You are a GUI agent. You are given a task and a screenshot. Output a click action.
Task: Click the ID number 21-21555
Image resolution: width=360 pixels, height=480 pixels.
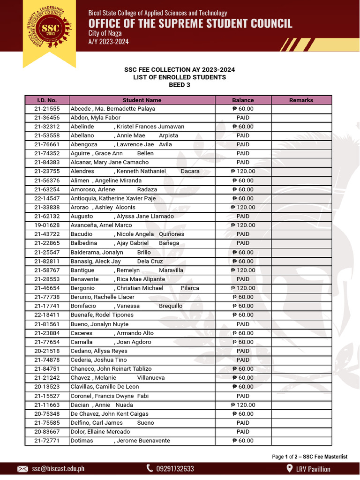(x=47, y=109)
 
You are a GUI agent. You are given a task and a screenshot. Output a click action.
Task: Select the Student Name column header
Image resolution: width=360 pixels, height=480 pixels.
(x=142, y=100)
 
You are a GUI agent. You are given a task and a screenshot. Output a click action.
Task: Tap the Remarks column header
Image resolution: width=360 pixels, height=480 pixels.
(x=301, y=100)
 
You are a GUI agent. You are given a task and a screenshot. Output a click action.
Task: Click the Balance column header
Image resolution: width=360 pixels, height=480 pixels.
(x=243, y=100)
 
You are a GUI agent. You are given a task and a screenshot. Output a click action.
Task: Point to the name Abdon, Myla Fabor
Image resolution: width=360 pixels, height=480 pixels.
(x=95, y=118)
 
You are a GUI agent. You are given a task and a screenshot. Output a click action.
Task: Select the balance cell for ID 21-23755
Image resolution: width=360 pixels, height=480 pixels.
(x=243, y=172)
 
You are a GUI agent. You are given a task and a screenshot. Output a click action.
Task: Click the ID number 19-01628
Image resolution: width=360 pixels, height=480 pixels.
(x=47, y=225)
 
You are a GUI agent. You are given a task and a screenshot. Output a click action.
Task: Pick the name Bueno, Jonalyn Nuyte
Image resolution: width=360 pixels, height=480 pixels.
(x=99, y=324)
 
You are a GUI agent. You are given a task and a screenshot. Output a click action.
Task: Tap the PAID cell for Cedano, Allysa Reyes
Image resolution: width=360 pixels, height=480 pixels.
(x=243, y=351)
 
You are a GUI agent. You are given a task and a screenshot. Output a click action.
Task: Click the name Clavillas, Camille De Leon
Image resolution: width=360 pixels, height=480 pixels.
(x=105, y=387)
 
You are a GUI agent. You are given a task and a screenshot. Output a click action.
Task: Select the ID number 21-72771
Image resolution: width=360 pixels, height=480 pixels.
(x=47, y=441)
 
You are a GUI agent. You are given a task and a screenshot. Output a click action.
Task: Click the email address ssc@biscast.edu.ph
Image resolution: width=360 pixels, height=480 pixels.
(x=58, y=469)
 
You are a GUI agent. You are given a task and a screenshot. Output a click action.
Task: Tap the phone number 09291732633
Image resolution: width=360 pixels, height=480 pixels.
(x=175, y=469)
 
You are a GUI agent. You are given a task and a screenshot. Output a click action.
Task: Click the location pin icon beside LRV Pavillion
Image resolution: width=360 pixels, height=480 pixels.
(x=289, y=469)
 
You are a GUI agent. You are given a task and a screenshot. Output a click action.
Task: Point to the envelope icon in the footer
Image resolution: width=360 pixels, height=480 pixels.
(x=22, y=469)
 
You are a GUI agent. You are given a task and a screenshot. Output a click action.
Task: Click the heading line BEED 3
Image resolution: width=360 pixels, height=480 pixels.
(x=180, y=85)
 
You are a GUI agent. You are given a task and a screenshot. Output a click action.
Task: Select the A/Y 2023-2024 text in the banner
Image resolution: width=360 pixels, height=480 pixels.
(x=108, y=42)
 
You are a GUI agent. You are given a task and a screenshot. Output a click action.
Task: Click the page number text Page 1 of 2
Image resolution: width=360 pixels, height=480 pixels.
(x=286, y=457)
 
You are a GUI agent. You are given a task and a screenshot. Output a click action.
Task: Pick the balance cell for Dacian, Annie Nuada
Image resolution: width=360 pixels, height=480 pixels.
(x=243, y=405)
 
